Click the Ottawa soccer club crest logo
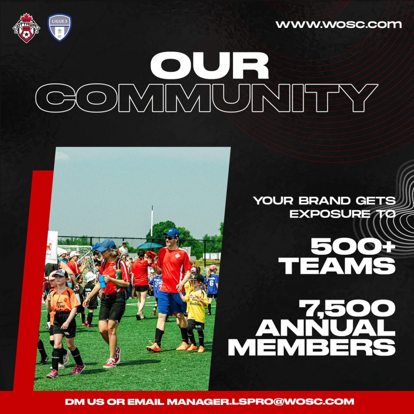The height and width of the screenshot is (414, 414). [x=26, y=28]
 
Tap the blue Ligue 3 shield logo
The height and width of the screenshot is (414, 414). [x=59, y=27]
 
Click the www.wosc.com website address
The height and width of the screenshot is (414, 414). [x=338, y=24]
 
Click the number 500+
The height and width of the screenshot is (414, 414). [x=353, y=246]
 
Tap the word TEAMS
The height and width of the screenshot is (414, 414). [x=338, y=266]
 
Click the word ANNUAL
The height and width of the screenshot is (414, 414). [x=325, y=329]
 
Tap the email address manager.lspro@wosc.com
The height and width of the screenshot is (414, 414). [x=260, y=402]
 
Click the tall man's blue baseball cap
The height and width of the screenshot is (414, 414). [x=172, y=233]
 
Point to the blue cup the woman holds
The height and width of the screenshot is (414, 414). [x=102, y=281]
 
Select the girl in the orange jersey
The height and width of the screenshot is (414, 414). [x=63, y=315]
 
